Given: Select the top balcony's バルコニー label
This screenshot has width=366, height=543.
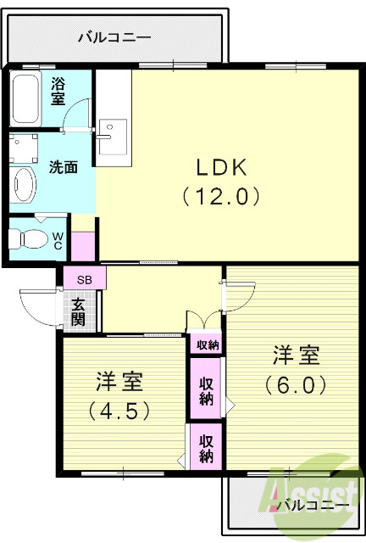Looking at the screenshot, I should [114, 37].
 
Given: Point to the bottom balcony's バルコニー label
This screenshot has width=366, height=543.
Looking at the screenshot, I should [313, 507].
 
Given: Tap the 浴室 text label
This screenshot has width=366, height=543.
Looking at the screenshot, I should [58, 92].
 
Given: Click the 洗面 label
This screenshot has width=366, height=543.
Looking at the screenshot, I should [63, 167].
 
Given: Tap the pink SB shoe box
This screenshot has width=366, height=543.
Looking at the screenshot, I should [84, 278].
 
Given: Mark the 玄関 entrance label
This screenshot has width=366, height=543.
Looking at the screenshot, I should [78, 311].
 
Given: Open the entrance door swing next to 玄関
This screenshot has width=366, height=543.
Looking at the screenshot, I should [41, 304].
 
